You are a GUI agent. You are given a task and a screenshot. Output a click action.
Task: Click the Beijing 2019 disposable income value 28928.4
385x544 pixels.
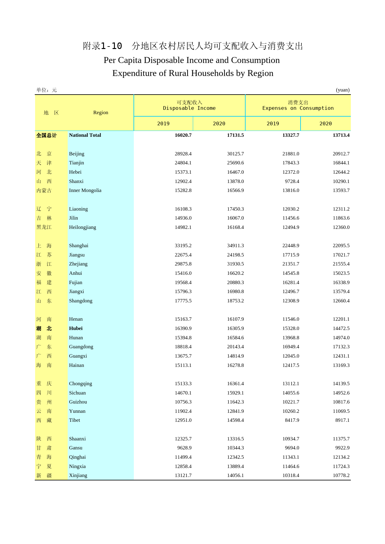[x=183, y=154]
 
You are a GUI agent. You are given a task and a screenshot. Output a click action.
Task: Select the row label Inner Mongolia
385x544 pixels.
[x=85, y=190]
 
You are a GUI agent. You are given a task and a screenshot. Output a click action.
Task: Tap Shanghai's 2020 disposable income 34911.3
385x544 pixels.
[x=235, y=246]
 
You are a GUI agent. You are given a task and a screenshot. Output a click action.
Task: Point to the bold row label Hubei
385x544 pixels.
[x=76, y=328]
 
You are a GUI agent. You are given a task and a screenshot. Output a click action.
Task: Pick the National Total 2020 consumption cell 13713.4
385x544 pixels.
[x=341, y=135]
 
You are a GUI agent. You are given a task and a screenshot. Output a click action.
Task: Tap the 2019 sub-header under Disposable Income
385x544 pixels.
[x=163, y=124]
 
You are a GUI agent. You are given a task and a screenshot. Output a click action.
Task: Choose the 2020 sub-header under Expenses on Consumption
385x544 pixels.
[x=325, y=124]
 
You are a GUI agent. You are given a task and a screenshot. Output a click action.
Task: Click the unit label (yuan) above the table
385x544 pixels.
[x=342, y=90]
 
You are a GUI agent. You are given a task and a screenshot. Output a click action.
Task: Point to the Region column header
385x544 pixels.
[x=101, y=113]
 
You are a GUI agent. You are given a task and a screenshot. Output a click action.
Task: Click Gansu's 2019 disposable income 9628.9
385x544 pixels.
[x=184, y=448]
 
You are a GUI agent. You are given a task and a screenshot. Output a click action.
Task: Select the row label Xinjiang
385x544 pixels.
[x=78, y=475]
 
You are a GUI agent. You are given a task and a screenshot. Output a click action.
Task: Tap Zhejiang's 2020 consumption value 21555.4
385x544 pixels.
[x=341, y=264]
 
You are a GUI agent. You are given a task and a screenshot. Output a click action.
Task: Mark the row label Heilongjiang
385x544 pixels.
[x=82, y=227]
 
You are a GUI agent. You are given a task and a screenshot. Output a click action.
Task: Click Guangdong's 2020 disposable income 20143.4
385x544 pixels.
[x=235, y=347]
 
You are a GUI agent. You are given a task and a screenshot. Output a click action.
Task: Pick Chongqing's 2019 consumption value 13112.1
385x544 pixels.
[x=291, y=384]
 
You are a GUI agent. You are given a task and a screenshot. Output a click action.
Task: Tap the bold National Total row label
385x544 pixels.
[x=85, y=135]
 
